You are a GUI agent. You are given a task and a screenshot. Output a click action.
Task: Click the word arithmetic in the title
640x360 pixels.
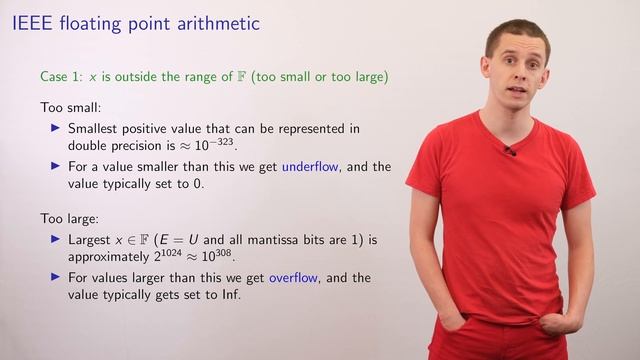point(246,21)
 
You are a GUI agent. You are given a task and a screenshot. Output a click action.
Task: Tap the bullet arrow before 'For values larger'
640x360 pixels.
point(56,278)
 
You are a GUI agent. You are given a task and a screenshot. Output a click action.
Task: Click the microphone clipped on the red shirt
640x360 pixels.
point(509,150)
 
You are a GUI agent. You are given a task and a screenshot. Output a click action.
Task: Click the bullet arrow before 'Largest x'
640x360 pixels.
point(56,240)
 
